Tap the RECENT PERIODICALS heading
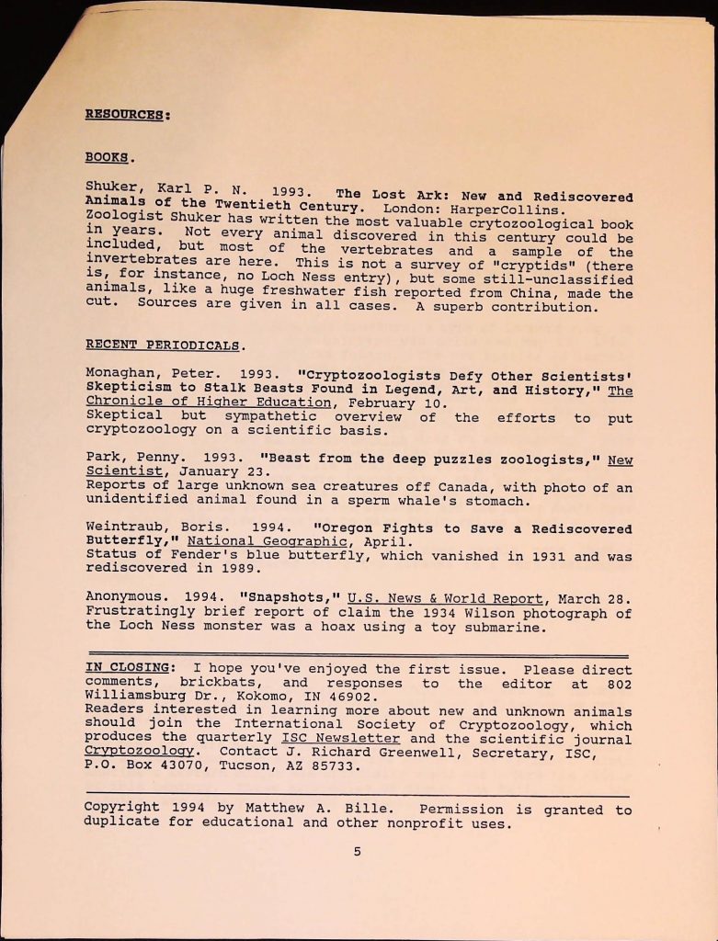[x=165, y=346]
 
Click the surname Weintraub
[x=126, y=528]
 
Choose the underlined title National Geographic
[x=256, y=542]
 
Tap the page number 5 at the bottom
[x=358, y=852]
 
